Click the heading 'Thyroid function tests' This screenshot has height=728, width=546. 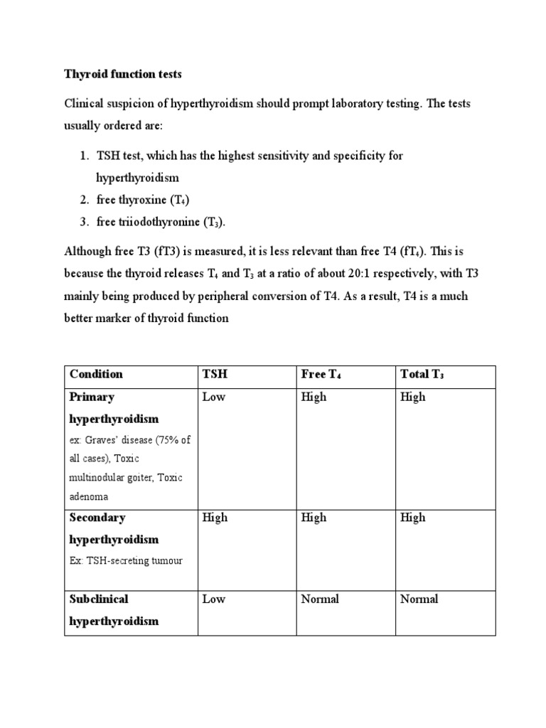pos(122,73)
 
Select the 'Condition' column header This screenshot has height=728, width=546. pos(96,374)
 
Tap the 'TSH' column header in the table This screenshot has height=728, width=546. pos(215,374)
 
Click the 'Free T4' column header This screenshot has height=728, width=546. pos(321,375)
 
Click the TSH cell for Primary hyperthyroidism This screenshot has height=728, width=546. pos(213,397)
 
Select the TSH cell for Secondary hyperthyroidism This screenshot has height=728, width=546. pos(215,518)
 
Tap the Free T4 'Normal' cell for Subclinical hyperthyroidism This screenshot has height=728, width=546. pos(320,599)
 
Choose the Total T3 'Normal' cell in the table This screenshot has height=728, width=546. pos(419,599)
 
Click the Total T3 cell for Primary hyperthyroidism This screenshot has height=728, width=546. pos(412,397)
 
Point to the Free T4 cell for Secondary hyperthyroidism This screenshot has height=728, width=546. pos(314,518)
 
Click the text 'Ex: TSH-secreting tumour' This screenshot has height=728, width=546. pos(126,560)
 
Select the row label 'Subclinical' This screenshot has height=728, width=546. pos(99,599)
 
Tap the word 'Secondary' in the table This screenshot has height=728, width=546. pos(97,518)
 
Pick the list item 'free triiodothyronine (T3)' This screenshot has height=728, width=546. pos(161,222)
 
